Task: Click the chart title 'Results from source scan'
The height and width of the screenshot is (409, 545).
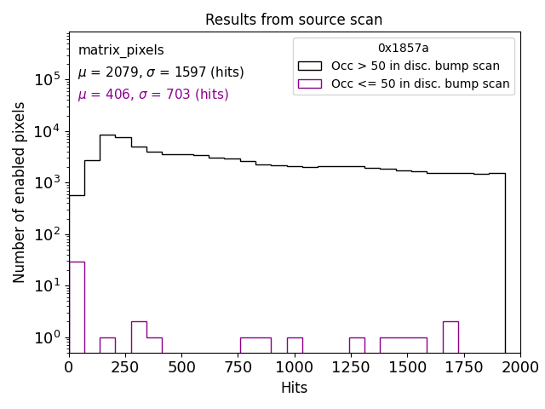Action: [x=294, y=20]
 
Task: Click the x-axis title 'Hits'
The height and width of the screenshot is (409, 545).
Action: [x=294, y=388]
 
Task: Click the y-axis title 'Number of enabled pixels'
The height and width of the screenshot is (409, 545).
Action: [x=20, y=192]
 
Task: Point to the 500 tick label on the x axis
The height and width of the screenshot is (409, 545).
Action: [x=181, y=367]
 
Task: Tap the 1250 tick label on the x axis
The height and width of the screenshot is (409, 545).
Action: [x=351, y=367]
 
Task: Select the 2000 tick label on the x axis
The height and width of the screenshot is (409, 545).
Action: [x=519, y=367]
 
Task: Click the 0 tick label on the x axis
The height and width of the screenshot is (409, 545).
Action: [x=69, y=367]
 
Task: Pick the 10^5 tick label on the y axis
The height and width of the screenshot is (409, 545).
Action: [x=47, y=79]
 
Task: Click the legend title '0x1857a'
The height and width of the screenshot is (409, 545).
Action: [x=403, y=49]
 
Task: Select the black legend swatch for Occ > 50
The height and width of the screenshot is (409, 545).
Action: [x=309, y=66]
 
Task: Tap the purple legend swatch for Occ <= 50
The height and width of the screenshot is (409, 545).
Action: [x=309, y=84]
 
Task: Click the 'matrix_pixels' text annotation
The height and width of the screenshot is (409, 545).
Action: [x=121, y=50]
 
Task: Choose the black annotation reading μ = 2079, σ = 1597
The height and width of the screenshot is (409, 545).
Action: [x=161, y=72]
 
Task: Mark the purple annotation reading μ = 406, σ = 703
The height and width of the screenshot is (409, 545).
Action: [x=153, y=95]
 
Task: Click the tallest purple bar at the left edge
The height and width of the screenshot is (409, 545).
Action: [x=77, y=307]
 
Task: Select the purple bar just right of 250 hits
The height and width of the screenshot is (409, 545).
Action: [x=139, y=337]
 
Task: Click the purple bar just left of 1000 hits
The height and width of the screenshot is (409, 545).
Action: [x=295, y=345]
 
